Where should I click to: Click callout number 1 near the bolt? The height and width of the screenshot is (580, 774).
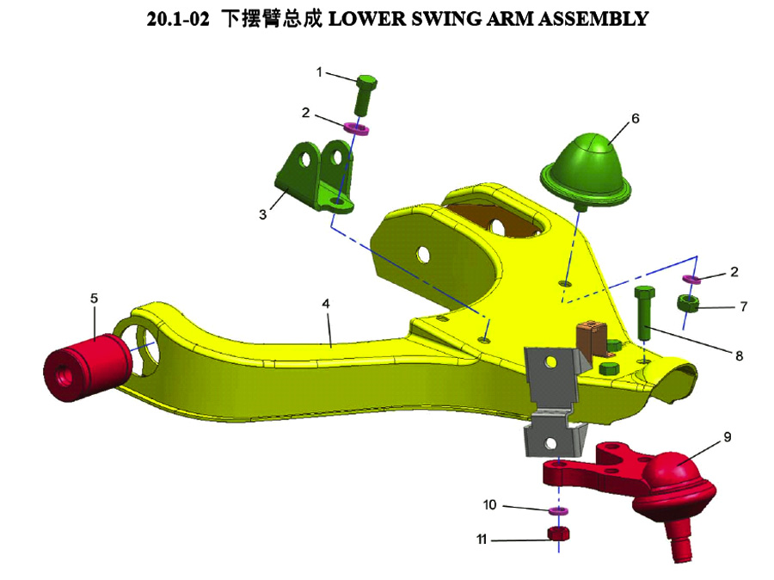[319, 72]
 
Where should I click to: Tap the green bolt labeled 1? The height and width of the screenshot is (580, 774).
[365, 92]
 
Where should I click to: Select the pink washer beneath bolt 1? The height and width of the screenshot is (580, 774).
[357, 130]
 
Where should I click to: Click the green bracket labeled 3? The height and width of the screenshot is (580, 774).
[314, 176]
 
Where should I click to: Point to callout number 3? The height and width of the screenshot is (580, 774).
[263, 215]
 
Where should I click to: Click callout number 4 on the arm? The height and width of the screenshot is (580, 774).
[326, 305]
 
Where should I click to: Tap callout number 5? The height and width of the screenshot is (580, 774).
[95, 298]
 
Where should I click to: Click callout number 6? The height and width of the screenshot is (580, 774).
[636, 119]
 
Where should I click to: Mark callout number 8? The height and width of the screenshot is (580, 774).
[738, 354]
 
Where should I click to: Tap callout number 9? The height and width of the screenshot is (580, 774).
[728, 437]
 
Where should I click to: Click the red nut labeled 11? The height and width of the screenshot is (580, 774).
[559, 534]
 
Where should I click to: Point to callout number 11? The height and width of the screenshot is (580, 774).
[482, 540]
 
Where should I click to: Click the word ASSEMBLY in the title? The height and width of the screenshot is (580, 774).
[599, 18]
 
